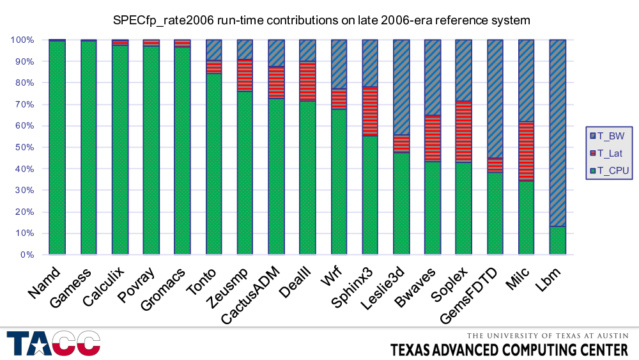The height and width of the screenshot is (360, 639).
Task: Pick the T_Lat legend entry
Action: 611,153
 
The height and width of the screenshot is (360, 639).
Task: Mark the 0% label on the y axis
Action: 26,254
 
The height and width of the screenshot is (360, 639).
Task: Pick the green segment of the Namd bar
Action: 57,148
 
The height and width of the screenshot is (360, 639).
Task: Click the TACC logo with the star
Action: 54,343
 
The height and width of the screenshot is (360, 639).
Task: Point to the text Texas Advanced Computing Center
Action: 509,350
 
